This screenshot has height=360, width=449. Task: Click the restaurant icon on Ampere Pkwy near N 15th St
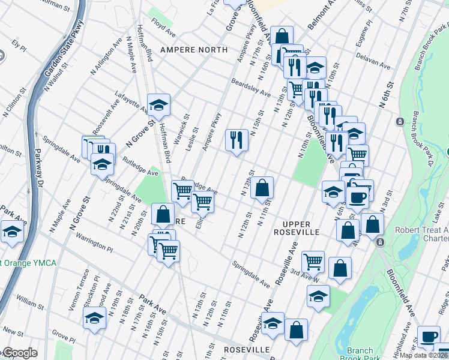tap(237, 140)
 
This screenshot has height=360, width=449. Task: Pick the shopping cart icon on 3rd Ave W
tap(313, 261)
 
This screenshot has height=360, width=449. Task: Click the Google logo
tap(19, 353)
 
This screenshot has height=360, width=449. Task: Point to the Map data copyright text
tap(424, 355)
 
